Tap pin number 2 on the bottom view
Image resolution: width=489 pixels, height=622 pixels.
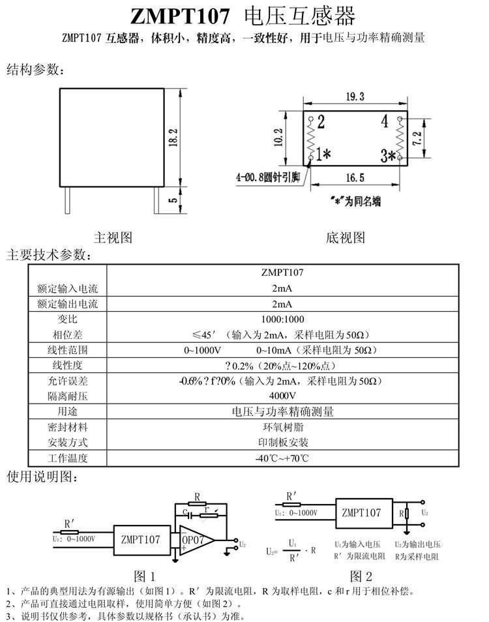(321, 122)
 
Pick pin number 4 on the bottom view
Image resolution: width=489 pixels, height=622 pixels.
(385, 122)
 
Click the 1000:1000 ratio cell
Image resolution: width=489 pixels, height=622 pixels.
(282, 319)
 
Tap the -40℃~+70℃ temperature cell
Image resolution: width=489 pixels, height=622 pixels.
(282, 458)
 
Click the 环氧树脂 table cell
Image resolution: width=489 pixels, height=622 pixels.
(282, 427)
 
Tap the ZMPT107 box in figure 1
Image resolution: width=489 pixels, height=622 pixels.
(140, 540)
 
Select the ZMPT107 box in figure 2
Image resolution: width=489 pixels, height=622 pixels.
(361, 512)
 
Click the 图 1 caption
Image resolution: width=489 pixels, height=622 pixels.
(145, 576)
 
